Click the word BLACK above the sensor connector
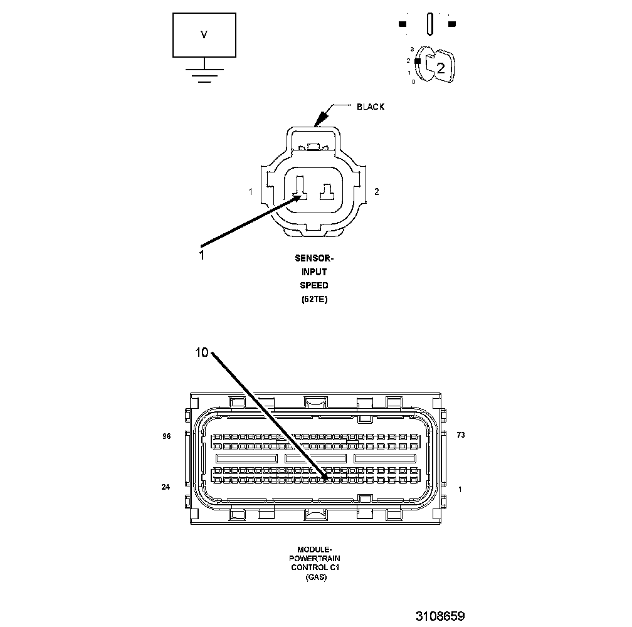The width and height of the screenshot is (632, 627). coord(370,107)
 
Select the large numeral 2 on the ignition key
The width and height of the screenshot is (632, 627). coord(440,69)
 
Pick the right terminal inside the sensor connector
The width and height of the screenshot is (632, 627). coord(327,192)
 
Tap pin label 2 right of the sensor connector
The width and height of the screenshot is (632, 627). coord(376,192)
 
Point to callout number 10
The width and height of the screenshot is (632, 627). coord(201,353)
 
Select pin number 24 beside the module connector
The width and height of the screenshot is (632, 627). coord(166,487)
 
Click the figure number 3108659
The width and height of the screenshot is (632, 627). coord(440,616)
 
